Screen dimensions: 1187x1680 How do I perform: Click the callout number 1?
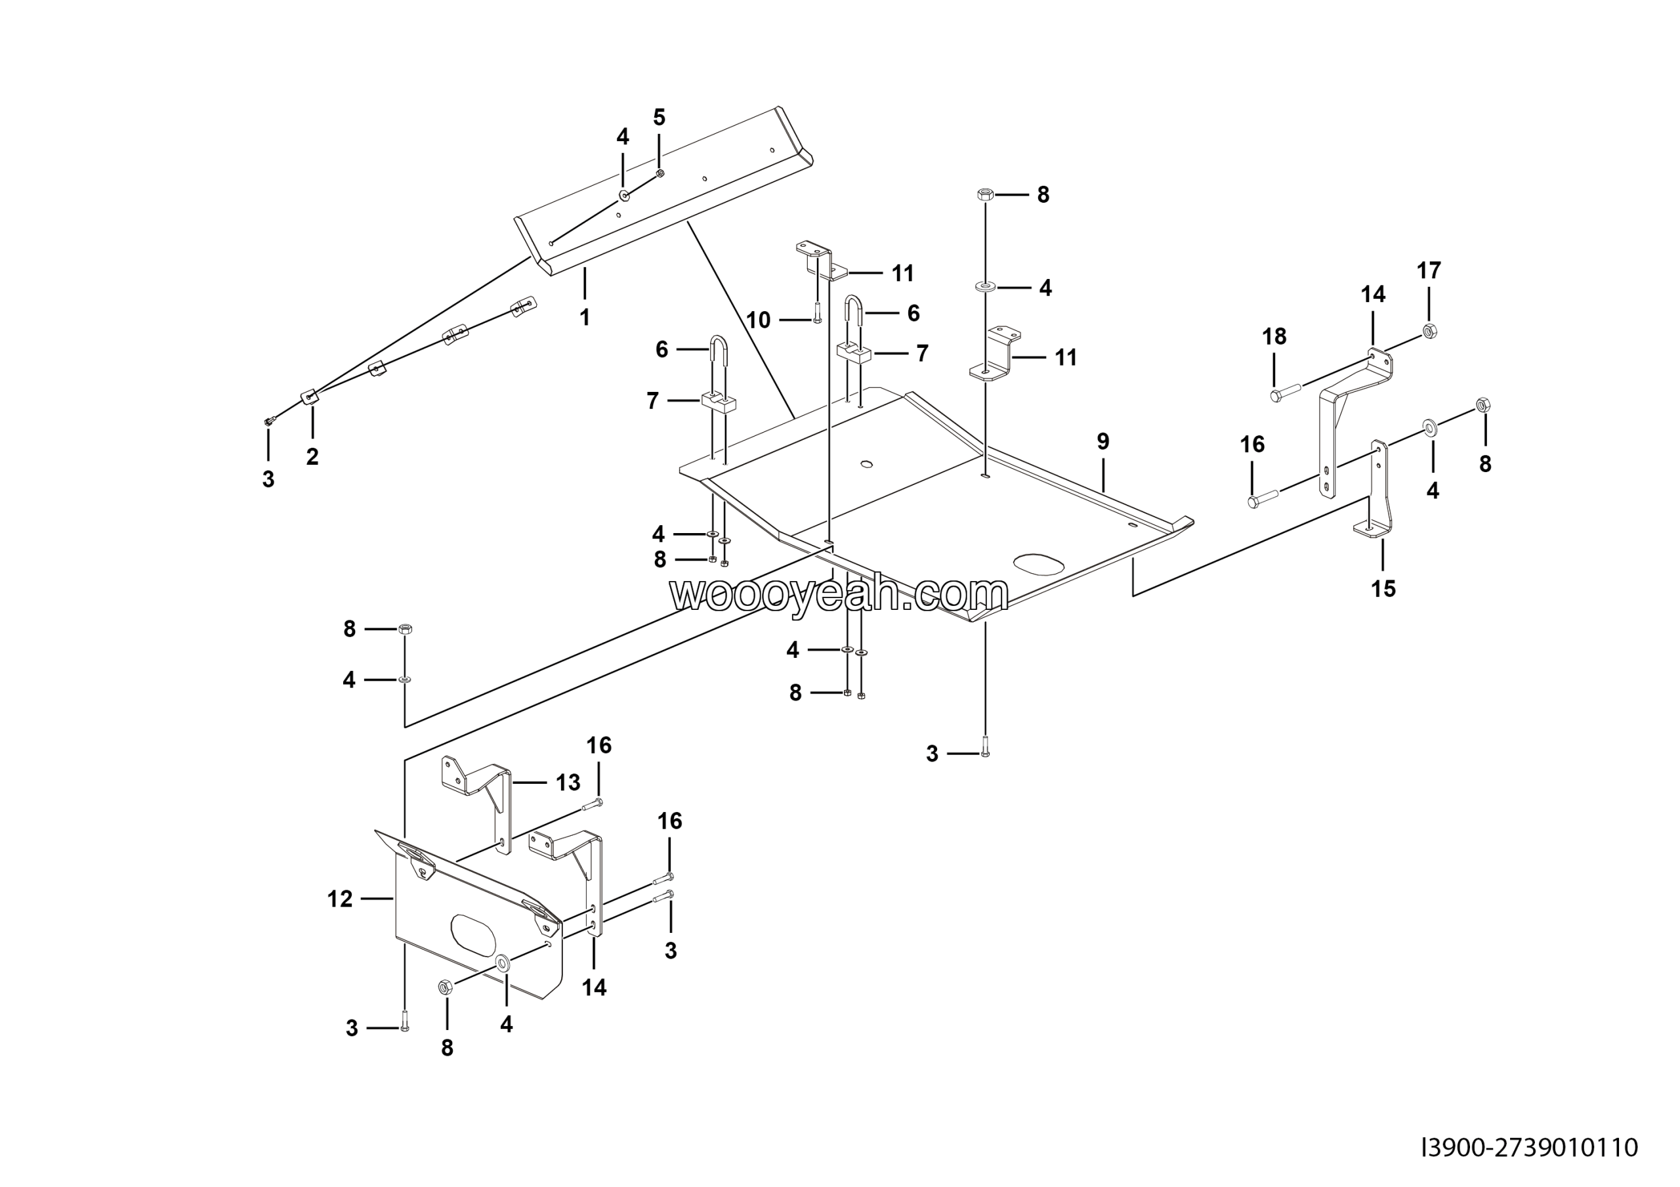(585, 318)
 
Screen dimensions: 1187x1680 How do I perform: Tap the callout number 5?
(660, 117)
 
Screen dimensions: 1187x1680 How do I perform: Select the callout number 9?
(1102, 441)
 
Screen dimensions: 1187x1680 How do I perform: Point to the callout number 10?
(758, 320)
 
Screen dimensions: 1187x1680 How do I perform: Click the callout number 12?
(339, 899)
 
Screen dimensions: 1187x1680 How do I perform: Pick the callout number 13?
(568, 783)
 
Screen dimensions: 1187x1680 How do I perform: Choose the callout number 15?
(1383, 588)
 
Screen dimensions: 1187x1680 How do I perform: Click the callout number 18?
(1274, 337)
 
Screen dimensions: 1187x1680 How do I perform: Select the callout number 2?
(312, 457)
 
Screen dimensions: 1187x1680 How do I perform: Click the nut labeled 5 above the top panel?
(660, 173)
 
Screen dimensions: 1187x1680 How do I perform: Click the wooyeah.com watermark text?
(839, 593)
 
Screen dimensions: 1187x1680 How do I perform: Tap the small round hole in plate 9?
(867, 464)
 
